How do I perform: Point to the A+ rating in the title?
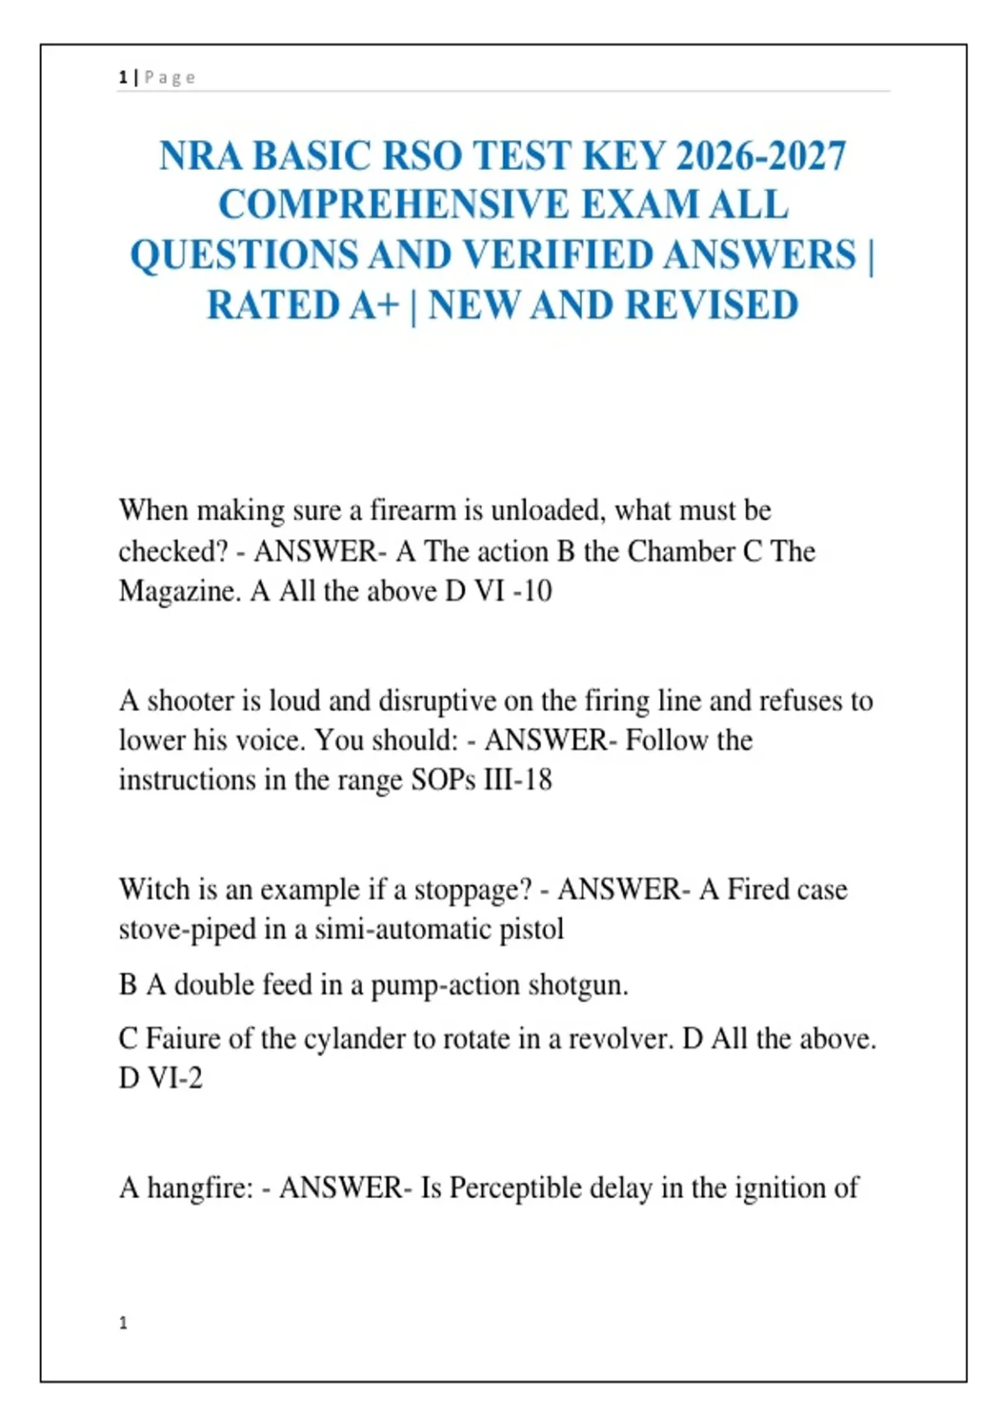click(x=374, y=306)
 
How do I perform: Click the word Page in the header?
click(x=169, y=78)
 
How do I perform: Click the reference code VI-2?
click(x=175, y=1078)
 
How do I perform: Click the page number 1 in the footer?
click(x=123, y=1323)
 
